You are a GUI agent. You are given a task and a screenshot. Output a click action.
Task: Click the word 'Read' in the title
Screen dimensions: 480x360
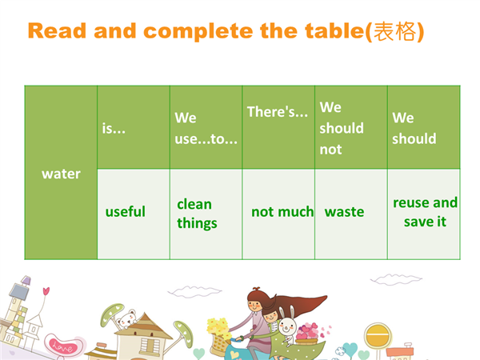pyautogui.click(x=57, y=31)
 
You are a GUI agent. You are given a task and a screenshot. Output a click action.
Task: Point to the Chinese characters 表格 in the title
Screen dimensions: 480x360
pyautogui.click(x=395, y=31)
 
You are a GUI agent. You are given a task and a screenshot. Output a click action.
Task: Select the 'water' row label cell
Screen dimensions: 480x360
pyautogui.click(x=61, y=173)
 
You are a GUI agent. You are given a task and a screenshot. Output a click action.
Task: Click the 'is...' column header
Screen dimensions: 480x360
pyautogui.click(x=134, y=127)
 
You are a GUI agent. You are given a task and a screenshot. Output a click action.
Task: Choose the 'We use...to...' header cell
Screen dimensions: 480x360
pyautogui.click(x=206, y=127)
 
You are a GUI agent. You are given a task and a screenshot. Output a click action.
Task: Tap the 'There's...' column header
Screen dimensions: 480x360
pyautogui.click(x=278, y=127)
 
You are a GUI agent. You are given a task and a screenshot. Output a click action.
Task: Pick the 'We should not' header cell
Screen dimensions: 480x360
pyautogui.click(x=351, y=127)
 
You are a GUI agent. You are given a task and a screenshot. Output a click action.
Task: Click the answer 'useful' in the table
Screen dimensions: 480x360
pyautogui.click(x=126, y=211)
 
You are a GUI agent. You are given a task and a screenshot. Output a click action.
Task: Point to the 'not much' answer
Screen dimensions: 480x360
pyautogui.click(x=282, y=211)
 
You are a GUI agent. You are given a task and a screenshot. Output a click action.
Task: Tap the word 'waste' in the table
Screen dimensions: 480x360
pyautogui.click(x=344, y=211)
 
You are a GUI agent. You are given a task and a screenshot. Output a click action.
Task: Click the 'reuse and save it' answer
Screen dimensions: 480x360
pyautogui.click(x=426, y=212)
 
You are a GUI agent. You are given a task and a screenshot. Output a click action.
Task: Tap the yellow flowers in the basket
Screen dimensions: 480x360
pyautogui.click(x=218, y=327)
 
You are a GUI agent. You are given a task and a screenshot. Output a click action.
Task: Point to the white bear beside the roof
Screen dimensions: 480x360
pyautogui.click(x=127, y=319)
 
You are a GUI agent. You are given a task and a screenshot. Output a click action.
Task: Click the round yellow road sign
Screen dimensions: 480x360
pyautogui.click(x=378, y=336)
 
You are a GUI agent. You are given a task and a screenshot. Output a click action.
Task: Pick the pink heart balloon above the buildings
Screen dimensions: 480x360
pyautogui.click(x=46, y=291)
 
